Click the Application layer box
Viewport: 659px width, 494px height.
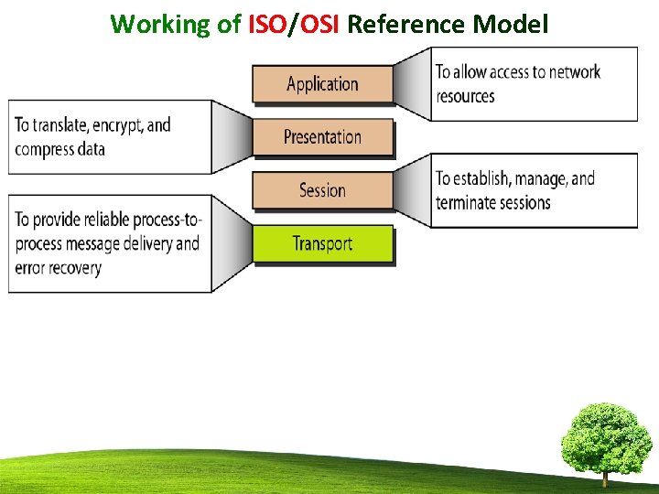coord(322,84)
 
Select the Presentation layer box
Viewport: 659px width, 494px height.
coord(322,137)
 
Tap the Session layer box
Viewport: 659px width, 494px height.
coord(322,190)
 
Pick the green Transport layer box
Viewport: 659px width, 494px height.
coord(322,243)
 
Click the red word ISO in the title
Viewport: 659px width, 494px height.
coord(267,24)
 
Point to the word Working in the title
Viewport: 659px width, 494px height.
coord(161,24)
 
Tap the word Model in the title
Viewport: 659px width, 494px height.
coord(511,24)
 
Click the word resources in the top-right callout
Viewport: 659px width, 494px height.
coord(465,96)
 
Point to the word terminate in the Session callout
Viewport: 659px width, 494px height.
coord(469,202)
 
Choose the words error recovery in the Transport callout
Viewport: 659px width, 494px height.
coord(58,268)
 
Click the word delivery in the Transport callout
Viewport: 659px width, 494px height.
coord(146,243)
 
